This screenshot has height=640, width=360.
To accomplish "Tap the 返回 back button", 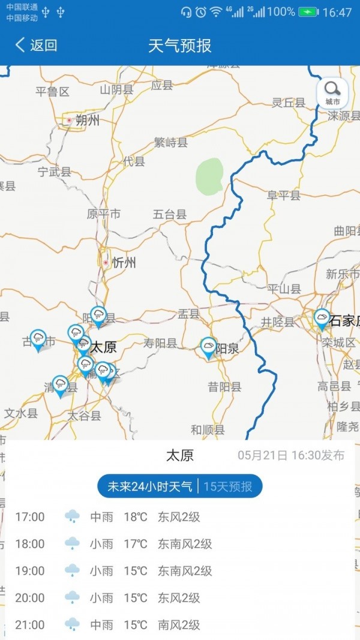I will [x=37, y=45].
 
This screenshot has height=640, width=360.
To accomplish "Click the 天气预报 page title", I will [x=180, y=45].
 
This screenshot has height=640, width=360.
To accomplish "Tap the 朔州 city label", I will [x=88, y=121].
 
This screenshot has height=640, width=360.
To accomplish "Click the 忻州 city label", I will [x=124, y=263].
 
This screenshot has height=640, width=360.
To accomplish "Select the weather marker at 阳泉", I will [x=208, y=347].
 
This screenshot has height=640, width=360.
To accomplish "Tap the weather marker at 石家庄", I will [x=322, y=318].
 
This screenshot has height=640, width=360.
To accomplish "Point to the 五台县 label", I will [x=170, y=214].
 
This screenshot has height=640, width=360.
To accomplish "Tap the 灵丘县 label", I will [x=289, y=103].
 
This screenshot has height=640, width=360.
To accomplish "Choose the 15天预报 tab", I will [x=228, y=486].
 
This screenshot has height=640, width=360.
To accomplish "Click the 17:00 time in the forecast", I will [x=30, y=516].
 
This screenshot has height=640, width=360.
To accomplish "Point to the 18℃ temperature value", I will [x=136, y=516].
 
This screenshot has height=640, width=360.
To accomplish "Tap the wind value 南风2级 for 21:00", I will [x=179, y=624].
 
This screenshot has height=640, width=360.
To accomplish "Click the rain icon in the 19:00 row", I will [x=73, y=570].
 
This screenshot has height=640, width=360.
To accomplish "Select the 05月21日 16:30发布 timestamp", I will [x=291, y=455].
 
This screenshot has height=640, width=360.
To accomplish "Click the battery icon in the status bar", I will [x=308, y=12].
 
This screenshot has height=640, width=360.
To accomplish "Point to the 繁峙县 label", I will [x=171, y=143].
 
